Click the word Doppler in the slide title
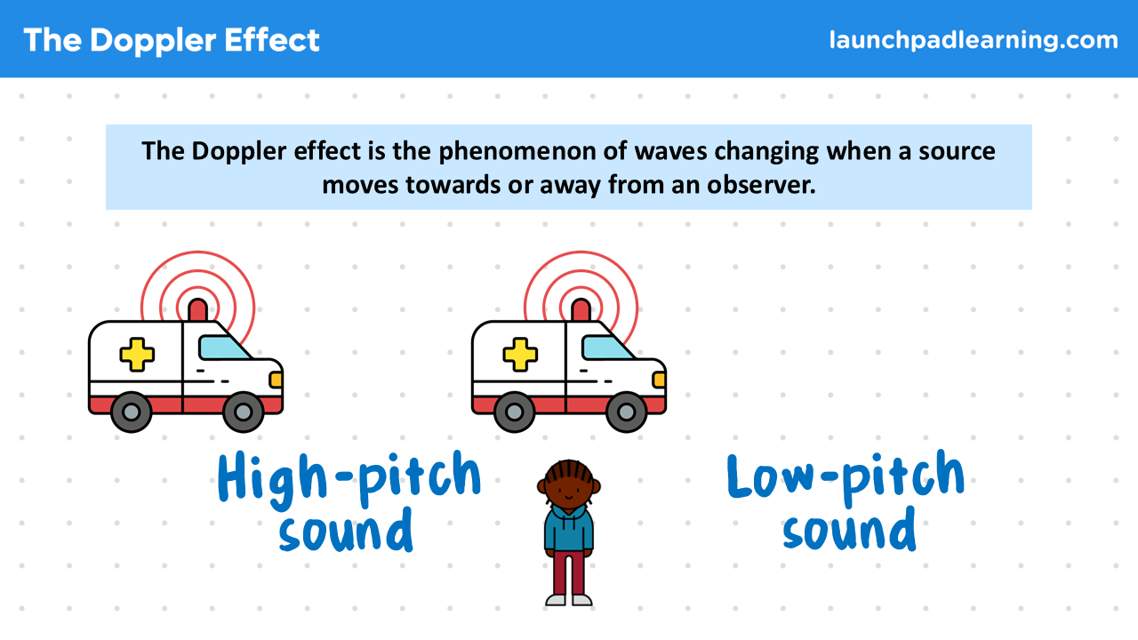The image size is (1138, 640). (153, 41)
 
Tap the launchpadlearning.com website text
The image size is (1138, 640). (974, 41)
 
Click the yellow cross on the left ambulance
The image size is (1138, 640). (137, 354)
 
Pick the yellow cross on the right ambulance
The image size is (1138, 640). (520, 354)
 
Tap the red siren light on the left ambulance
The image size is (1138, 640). (197, 310)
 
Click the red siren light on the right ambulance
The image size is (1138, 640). (581, 310)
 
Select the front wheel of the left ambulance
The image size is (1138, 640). (244, 412)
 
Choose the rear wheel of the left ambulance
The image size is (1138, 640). (131, 412)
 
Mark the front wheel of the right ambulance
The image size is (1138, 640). (627, 412)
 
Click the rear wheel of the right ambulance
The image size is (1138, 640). (514, 412)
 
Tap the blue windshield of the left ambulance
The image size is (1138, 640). (222, 348)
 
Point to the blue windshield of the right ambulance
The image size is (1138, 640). (605, 348)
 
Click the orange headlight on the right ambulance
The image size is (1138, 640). (659, 380)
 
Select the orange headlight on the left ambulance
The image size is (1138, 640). (276, 380)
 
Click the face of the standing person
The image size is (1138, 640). (569, 491)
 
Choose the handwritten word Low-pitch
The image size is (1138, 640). (845, 477)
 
